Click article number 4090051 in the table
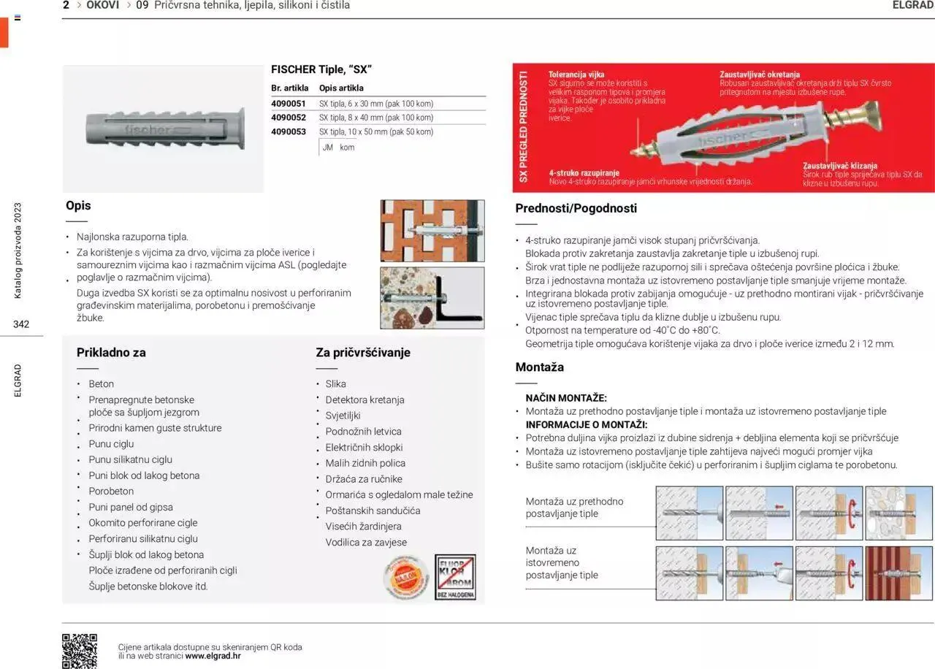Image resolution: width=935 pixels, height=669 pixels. click(288, 104)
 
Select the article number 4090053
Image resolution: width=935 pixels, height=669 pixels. click(288, 131)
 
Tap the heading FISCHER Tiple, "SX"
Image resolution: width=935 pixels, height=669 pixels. click(321, 69)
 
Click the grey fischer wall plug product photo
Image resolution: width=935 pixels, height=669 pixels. click(163, 129)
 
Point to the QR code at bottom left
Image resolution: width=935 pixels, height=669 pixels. click(80, 650)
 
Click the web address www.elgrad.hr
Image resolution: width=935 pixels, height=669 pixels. click(213, 656)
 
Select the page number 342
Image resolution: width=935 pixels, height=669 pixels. click(21, 324)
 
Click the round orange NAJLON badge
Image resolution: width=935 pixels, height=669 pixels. click(405, 577)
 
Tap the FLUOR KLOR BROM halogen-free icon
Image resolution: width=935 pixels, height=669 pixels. click(455, 577)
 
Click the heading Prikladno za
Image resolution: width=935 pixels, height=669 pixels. click(111, 352)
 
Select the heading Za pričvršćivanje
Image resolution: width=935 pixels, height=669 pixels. click(363, 352)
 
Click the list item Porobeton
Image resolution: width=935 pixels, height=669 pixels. click(111, 491)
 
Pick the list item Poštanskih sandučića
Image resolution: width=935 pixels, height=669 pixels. click(373, 511)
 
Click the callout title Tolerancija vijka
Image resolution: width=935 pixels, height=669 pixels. click(576, 74)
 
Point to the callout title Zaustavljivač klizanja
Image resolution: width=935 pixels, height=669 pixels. click(840, 166)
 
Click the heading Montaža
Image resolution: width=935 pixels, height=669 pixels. click(539, 367)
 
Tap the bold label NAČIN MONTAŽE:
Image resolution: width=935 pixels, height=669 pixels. click(566, 398)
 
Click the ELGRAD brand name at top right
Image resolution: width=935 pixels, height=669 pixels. click(913, 5)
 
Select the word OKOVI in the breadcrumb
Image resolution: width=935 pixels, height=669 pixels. click(102, 5)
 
